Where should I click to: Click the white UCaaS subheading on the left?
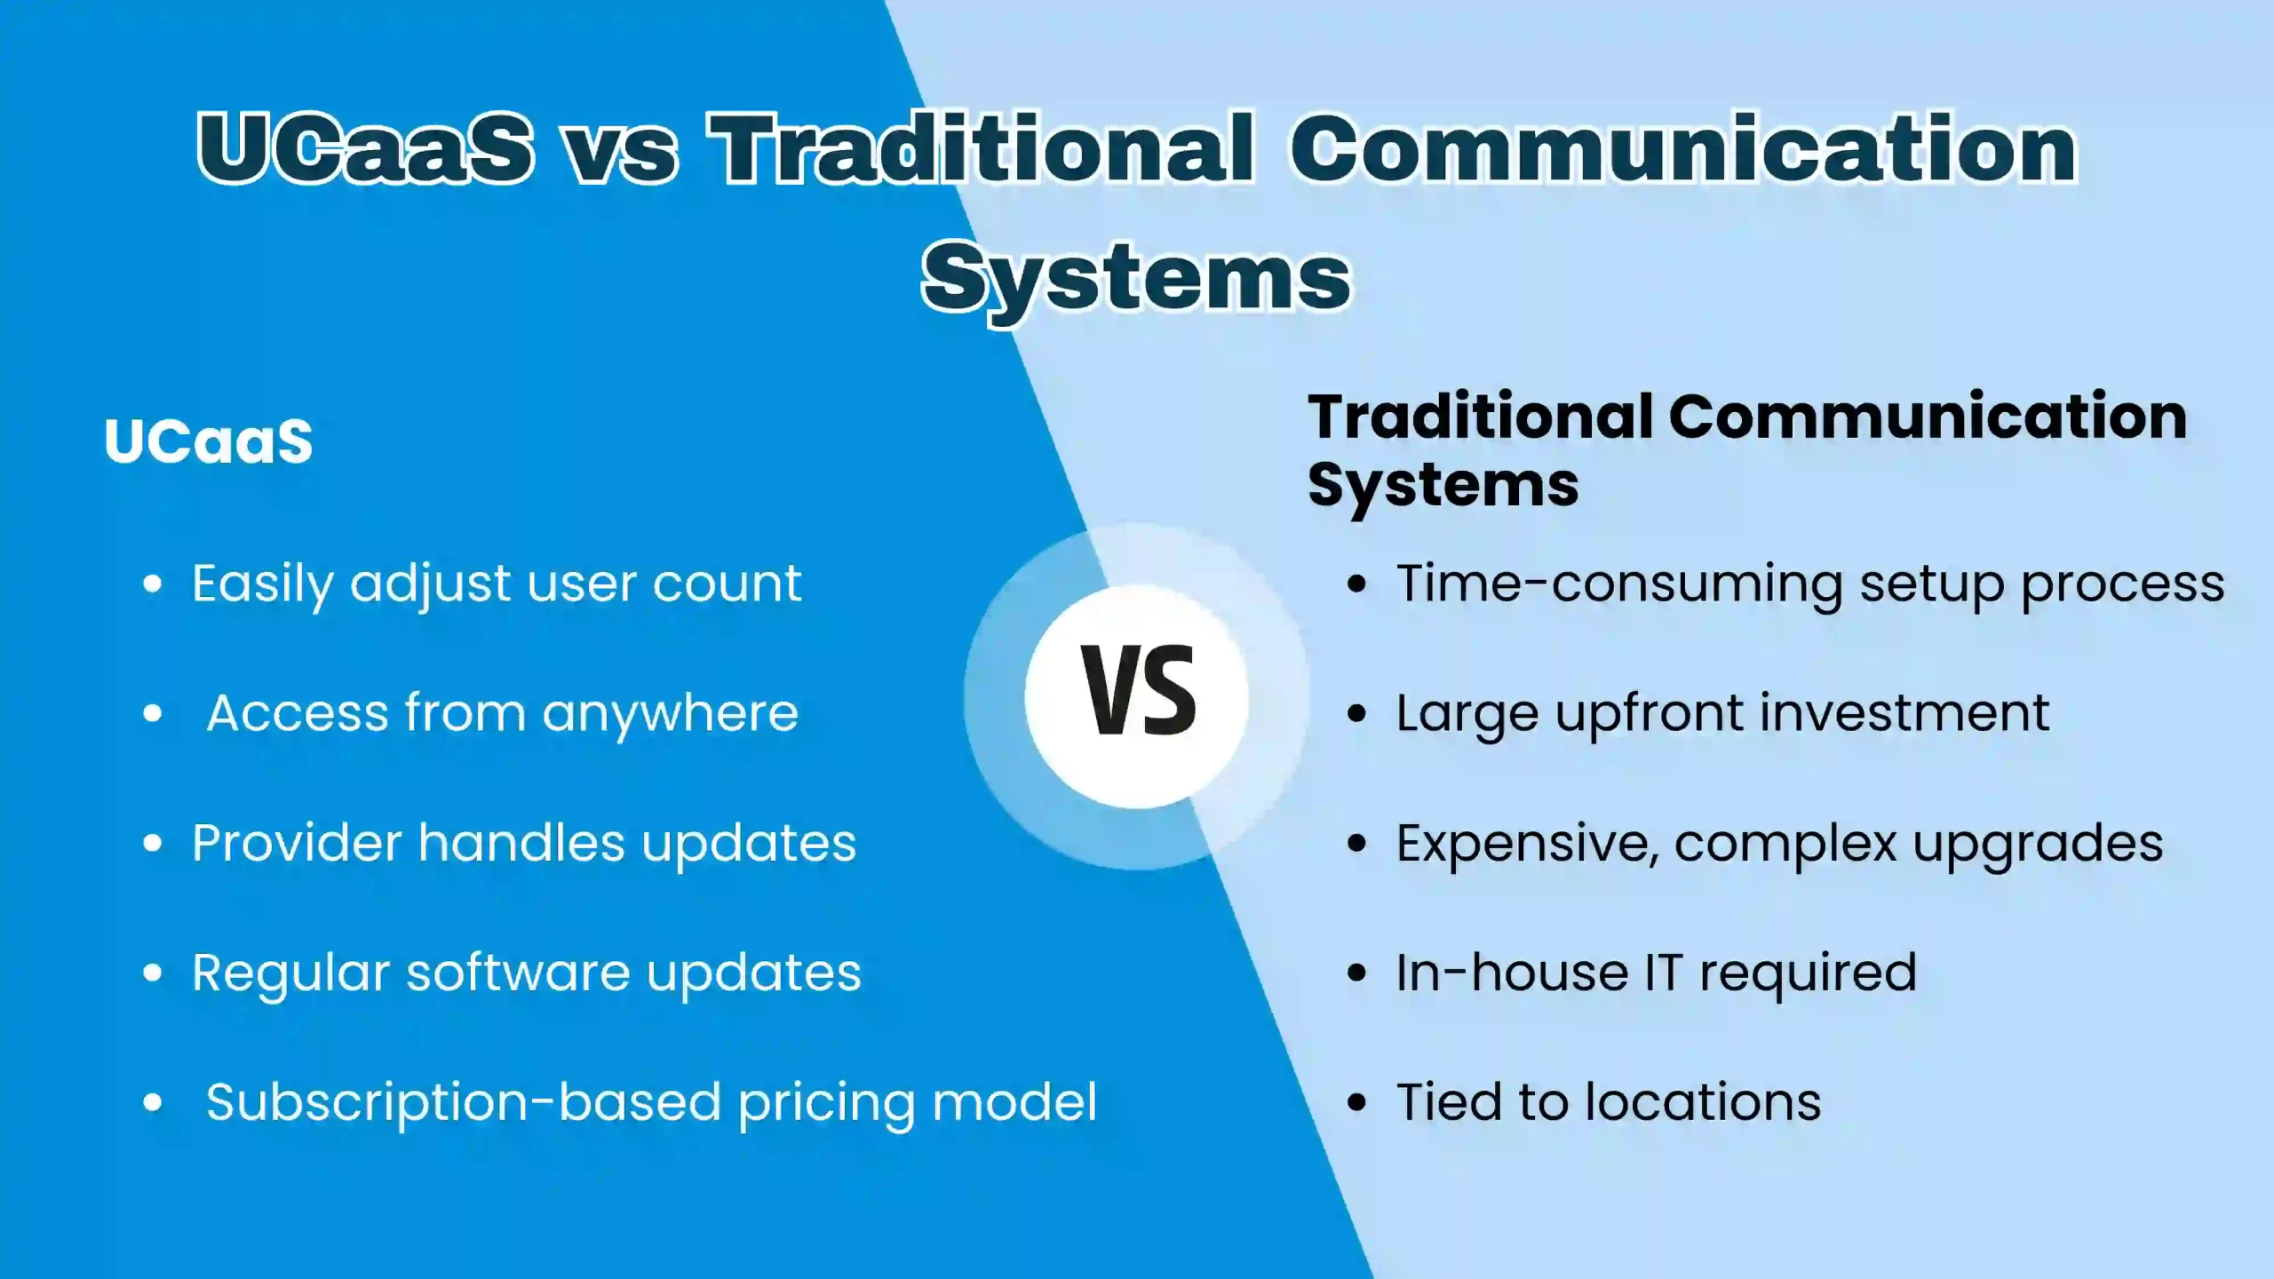pyautogui.click(x=209, y=441)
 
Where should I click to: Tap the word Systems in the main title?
pyautogui.click(x=1136, y=277)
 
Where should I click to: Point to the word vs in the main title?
pyautogui.click(x=622, y=153)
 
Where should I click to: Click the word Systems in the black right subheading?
pyautogui.click(x=1443, y=486)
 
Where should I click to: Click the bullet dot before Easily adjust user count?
pyautogui.click(x=153, y=584)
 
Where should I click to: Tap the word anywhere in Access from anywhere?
pyautogui.click(x=670, y=714)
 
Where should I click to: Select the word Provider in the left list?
pyautogui.click(x=297, y=844)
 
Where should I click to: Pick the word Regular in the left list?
pyautogui.click(x=290, y=973)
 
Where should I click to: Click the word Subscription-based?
pyautogui.click(x=463, y=1103)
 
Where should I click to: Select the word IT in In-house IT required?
pyautogui.click(x=1663, y=973)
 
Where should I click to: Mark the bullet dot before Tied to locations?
pyautogui.click(x=1356, y=1103)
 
